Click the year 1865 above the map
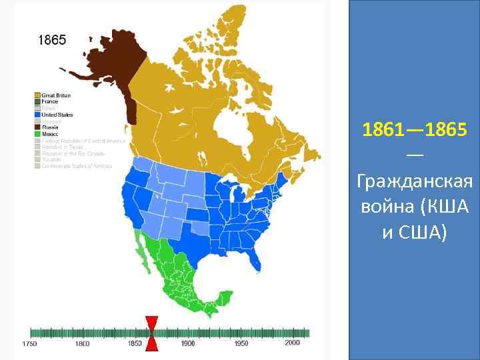tap(51, 40)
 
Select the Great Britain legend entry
tap(56, 95)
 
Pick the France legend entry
tap(50, 101)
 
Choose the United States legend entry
tap(57, 115)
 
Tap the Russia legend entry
tap(50, 127)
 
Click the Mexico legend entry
tap(51, 133)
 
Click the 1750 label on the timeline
tap(29, 344)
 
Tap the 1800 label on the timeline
tap(82, 344)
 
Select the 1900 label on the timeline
tap(187, 344)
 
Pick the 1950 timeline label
tap(241, 344)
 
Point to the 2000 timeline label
tap(292, 343)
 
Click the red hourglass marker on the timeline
tap(152, 333)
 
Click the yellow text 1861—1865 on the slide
tap(415, 130)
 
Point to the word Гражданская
tap(415, 181)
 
